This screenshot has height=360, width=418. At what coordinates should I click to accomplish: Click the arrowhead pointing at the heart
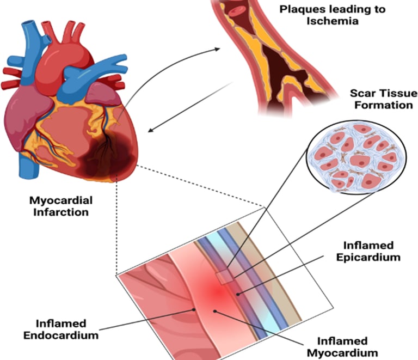(152, 130)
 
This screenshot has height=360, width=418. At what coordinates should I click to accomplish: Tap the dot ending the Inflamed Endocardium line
(194, 309)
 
